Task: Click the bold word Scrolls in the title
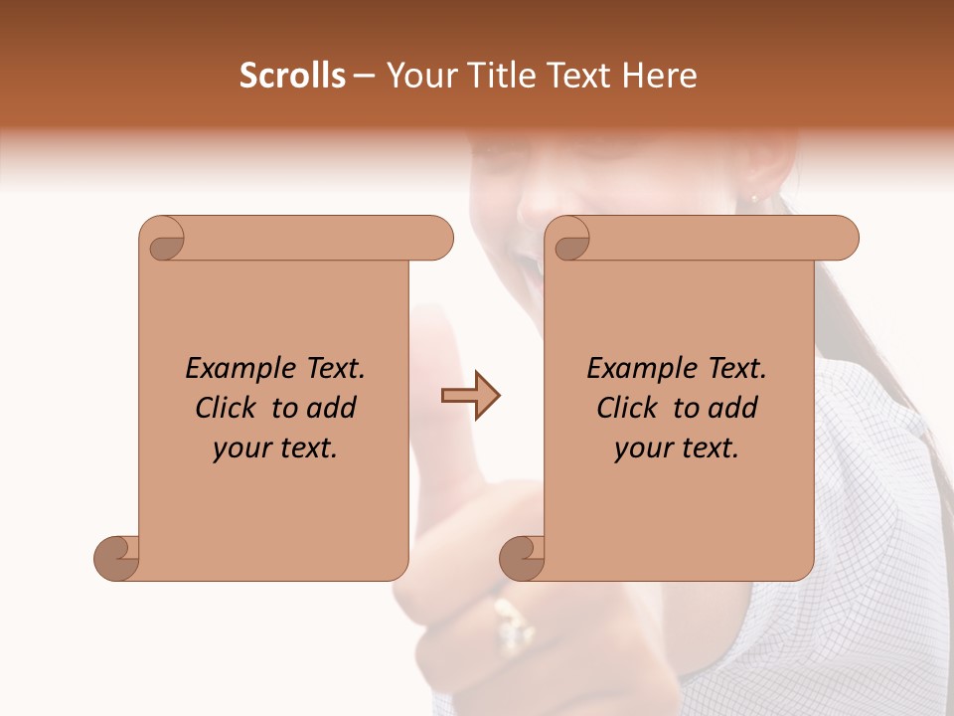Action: [x=292, y=76]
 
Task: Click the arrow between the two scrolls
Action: [x=470, y=396]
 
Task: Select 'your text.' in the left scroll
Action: [x=275, y=448]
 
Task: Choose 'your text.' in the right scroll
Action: [x=677, y=448]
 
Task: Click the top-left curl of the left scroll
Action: [x=163, y=239]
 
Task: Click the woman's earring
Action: [x=755, y=199]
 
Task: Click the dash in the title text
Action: [x=364, y=77]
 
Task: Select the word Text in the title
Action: [x=575, y=76]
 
